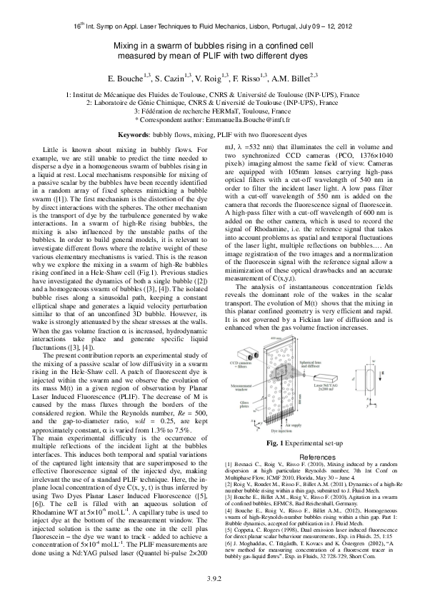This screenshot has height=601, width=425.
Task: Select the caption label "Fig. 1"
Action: pyautogui.click(x=274, y=444)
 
